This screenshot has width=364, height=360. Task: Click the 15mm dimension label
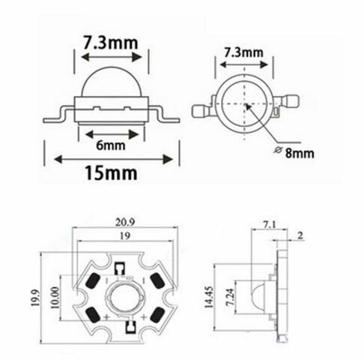[x=111, y=172]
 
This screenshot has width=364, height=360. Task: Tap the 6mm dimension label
[x=111, y=145]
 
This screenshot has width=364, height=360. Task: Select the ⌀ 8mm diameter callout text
[x=294, y=153]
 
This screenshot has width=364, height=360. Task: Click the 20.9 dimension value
[x=125, y=222]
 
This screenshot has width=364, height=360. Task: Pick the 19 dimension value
[x=125, y=235]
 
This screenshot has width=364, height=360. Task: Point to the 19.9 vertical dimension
[x=35, y=298]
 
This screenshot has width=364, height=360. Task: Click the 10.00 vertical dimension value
[x=55, y=298]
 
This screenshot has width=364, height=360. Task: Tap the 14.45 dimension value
[x=209, y=297]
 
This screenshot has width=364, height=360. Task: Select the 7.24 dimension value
[x=229, y=297]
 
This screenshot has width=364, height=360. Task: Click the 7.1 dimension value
[x=270, y=225]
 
